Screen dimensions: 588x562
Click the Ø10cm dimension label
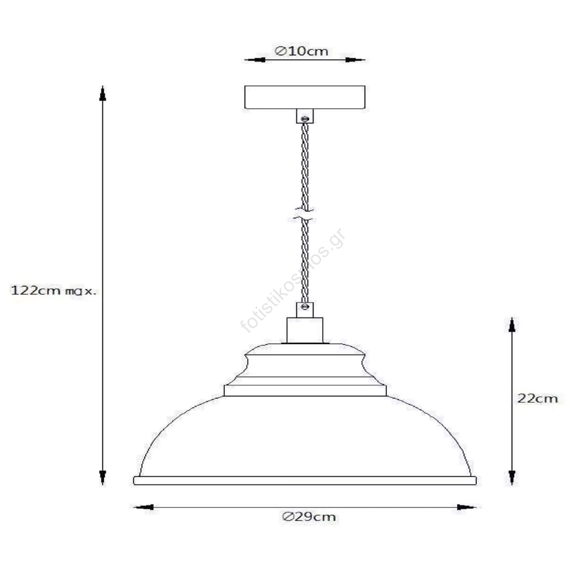(x=301, y=51)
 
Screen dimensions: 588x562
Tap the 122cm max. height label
(x=54, y=291)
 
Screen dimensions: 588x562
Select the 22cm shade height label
(x=537, y=398)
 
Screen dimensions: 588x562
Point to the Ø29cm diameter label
(x=309, y=517)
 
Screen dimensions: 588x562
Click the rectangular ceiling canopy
(x=305, y=97)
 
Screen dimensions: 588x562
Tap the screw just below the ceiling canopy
(x=305, y=119)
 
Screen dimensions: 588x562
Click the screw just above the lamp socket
(x=305, y=307)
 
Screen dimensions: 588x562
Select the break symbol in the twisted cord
(x=304, y=215)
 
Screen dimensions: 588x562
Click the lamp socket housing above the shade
(x=305, y=330)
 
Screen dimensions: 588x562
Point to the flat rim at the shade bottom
(x=305, y=481)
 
